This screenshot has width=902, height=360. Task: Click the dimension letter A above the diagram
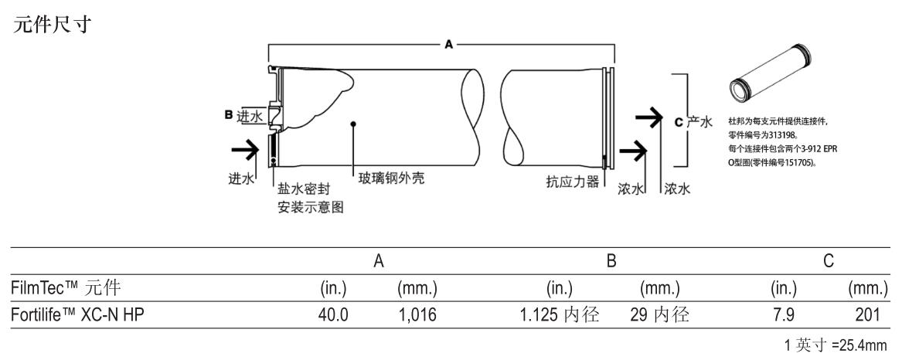(x=448, y=46)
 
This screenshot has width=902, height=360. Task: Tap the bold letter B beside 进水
(x=229, y=115)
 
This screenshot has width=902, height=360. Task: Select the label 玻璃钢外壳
(x=391, y=179)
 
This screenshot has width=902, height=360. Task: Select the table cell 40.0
(x=333, y=314)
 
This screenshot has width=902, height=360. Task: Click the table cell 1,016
(x=417, y=314)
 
